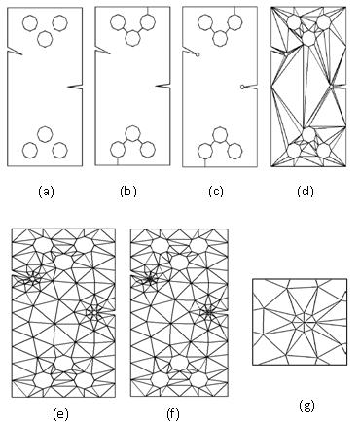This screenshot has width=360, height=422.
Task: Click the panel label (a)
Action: pos(46,192)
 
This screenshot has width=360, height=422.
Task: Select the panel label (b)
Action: pos(128,192)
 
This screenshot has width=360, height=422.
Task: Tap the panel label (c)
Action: pos(216,192)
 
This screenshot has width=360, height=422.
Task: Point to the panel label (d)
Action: pos(306,192)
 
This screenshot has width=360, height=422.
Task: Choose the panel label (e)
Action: pos(61,414)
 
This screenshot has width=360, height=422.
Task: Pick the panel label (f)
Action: pos(173,414)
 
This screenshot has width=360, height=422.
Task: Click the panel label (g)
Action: pos(306,405)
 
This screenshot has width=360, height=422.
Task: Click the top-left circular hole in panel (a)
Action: pos(30,23)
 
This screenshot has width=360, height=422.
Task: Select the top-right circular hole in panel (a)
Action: pos(60,23)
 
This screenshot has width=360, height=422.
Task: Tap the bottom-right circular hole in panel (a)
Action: pos(60,150)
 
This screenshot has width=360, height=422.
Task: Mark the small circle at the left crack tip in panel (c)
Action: pos(198,54)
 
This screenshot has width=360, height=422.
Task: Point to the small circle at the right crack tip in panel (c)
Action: pos(242,87)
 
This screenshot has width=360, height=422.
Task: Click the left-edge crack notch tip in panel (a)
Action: pos(22,54)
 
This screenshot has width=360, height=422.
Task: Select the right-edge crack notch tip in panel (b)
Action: pos(156,86)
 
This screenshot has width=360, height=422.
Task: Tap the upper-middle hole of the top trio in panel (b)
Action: pos(132,38)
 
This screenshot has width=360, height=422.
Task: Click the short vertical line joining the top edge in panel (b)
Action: pos(148,11)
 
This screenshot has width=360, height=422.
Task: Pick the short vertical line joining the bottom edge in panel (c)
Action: pos(205,162)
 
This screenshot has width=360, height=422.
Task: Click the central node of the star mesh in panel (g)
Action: pos(305,322)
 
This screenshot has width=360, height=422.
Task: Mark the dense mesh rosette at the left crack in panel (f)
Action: pos(150,278)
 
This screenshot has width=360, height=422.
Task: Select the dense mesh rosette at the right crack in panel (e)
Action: pos(94,312)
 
